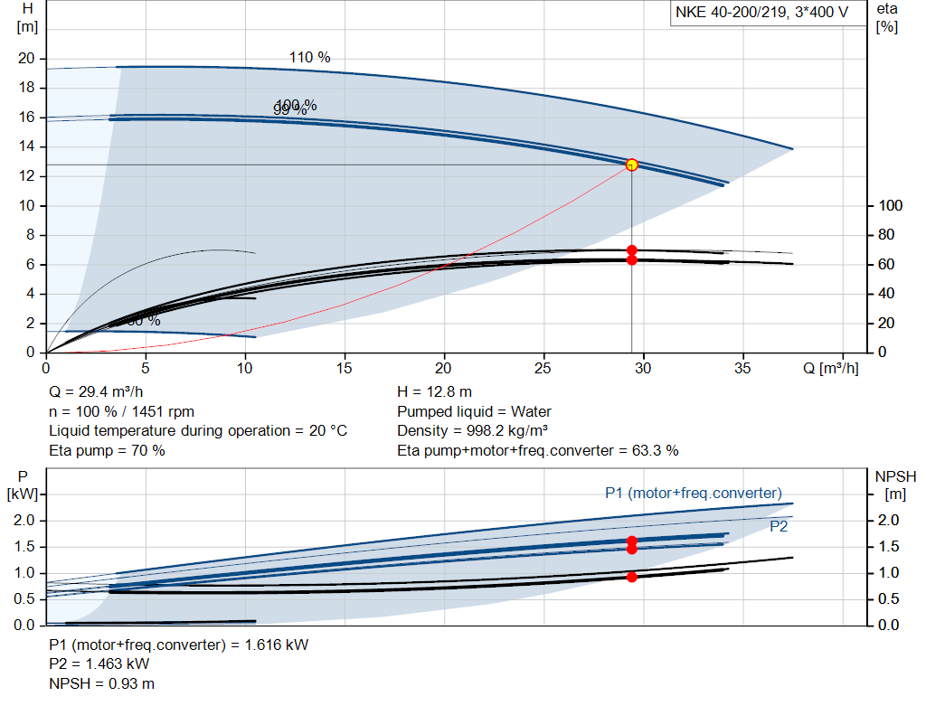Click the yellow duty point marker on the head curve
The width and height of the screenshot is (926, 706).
coord(631,165)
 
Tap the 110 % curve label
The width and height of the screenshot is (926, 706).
coord(309,58)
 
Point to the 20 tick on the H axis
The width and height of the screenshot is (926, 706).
coord(26,59)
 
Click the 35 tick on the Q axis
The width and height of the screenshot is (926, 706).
coord(742,369)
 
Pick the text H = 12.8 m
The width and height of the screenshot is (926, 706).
coord(434,392)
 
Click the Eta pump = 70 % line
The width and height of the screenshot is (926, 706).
coord(107,449)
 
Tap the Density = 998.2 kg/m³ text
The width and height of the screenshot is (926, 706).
coord(473,430)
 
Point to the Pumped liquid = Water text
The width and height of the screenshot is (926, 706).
coord(474,411)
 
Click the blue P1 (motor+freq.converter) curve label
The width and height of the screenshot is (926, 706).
coord(693,493)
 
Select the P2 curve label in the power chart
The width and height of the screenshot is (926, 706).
coord(779,526)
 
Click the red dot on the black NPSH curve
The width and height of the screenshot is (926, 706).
coord(631,577)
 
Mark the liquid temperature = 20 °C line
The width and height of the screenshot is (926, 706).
coord(197,430)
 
